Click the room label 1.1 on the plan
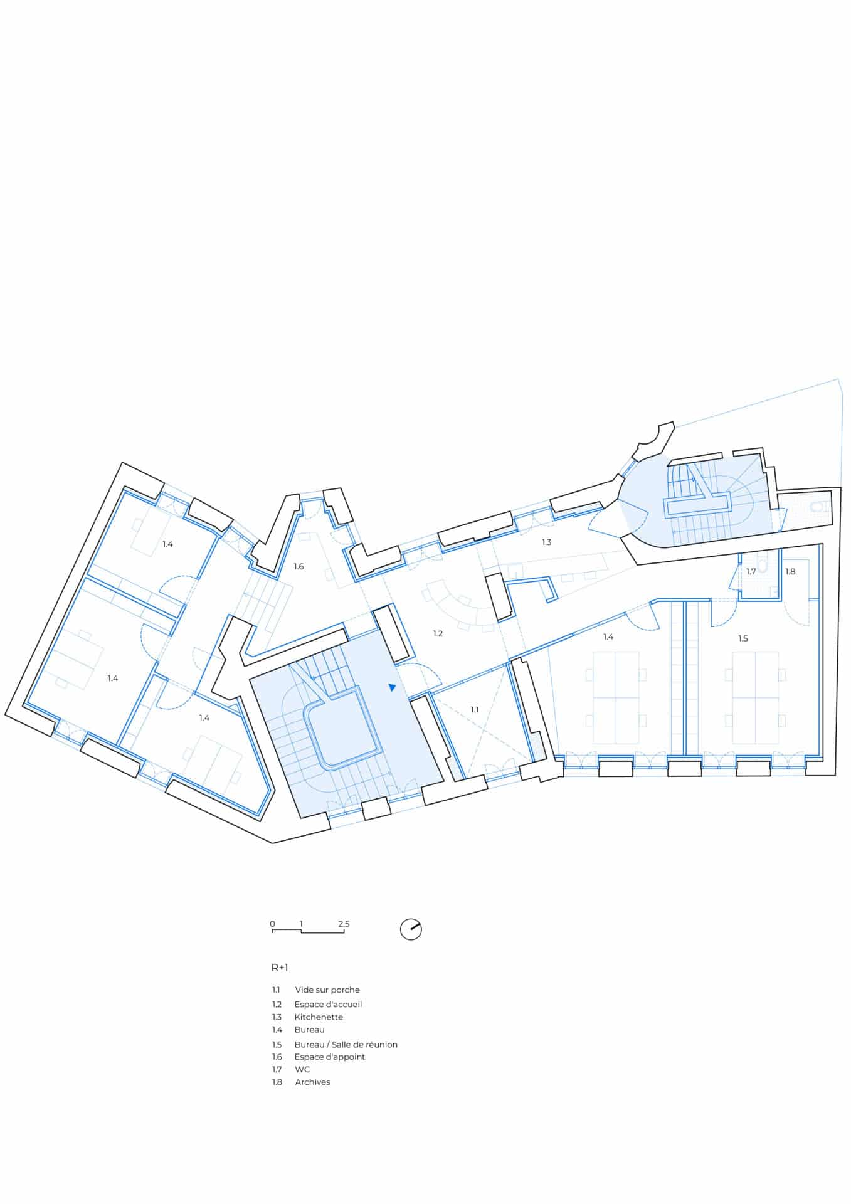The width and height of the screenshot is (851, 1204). click(x=475, y=709)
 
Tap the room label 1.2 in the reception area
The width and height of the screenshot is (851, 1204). click(x=438, y=633)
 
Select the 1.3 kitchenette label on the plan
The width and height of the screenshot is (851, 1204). click(x=546, y=542)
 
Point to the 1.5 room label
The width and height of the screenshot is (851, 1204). click(x=743, y=638)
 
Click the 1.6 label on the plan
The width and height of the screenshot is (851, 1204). click(x=299, y=566)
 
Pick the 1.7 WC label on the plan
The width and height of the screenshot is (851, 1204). click(x=751, y=571)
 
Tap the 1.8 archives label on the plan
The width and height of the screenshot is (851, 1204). click(x=790, y=571)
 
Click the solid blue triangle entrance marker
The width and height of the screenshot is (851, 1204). click(x=392, y=687)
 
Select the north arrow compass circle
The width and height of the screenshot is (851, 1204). click(x=411, y=929)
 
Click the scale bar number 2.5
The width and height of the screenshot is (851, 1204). click(x=344, y=924)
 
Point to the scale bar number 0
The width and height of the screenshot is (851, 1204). click(x=272, y=924)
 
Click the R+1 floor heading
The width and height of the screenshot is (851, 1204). click(x=280, y=967)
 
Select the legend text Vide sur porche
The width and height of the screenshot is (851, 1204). click(x=327, y=990)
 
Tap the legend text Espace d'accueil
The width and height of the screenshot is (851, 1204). click(x=328, y=1004)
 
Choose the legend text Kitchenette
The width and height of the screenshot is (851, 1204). click(x=319, y=1017)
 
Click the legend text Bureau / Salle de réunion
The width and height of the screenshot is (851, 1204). click(x=346, y=1044)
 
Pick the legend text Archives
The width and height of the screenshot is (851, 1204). click(x=312, y=1082)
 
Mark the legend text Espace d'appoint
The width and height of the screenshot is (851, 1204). click(x=330, y=1057)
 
